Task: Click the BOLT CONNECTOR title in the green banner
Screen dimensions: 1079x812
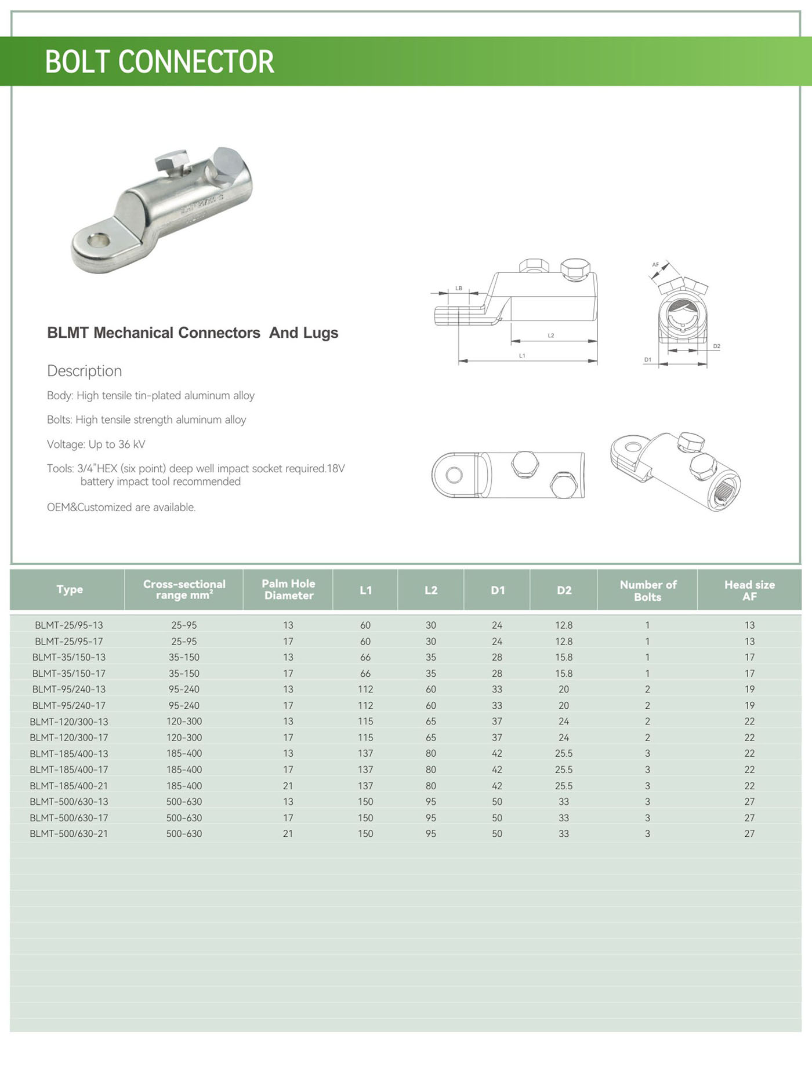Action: coord(159,61)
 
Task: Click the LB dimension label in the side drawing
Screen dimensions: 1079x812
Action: coord(459,288)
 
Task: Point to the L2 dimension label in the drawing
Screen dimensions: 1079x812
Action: coord(551,336)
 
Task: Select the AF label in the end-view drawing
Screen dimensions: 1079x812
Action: coord(655,265)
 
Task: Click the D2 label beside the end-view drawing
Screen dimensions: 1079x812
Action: coord(717,346)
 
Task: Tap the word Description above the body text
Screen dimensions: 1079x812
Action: coord(85,371)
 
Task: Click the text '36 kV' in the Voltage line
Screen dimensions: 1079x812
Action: coord(132,444)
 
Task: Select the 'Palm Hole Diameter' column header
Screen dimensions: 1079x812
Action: coord(288,589)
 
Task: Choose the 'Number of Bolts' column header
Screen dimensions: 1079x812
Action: coord(648,590)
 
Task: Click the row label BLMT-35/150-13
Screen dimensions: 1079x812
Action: coord(69,657)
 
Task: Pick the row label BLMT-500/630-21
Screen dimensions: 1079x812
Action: coord(69,834)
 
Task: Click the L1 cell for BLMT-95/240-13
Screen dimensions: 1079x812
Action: coord(365,690)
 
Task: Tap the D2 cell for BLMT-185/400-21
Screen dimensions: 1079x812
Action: coord(564,786)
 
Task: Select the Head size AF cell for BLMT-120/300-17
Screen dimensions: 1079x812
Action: coord(749,738)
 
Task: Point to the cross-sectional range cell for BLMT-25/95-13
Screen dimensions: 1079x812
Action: coord(184,625)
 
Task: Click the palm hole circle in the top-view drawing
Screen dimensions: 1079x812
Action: coord(454,476)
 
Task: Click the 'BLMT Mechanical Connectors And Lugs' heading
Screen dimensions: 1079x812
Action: coord(193,333)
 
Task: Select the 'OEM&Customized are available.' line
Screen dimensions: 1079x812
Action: coord(121,507)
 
